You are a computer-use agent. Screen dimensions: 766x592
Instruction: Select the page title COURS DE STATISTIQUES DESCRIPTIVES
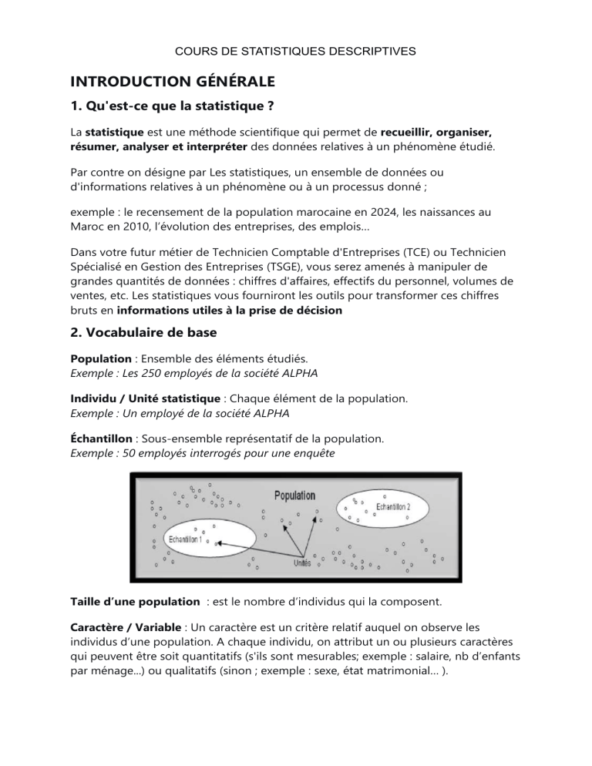point(296,51)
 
